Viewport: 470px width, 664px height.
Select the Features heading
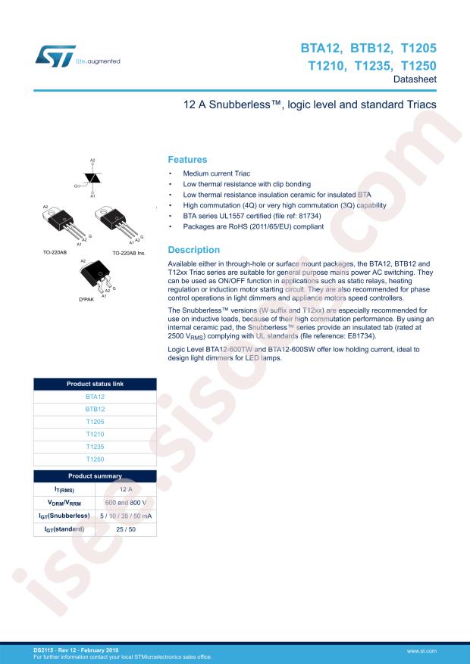(x=186, y=161)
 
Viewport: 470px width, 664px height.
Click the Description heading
(x=193, y=250)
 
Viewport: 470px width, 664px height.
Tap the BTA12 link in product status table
(x=95, y=396)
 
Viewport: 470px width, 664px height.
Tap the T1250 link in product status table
(x=95, y=460)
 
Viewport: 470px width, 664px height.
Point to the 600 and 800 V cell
(x=125, y=501)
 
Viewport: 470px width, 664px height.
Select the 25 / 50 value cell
(x=125, y=528)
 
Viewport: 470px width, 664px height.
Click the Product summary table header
(x=95, y=475)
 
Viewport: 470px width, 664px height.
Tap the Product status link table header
(x=95, y=383)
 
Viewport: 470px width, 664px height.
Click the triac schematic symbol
(x=93, y=178)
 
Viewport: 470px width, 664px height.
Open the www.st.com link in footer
(x=443, y=650)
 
